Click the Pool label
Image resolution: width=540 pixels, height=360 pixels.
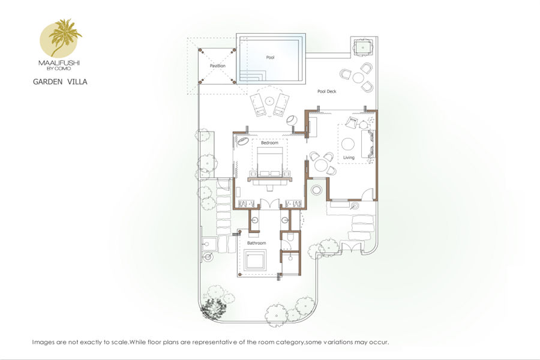pos(271,58)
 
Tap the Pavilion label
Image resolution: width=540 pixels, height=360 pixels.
pos(218,66)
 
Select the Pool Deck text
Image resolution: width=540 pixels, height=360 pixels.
pos(327,91)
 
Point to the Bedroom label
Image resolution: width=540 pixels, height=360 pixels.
pos(269,143)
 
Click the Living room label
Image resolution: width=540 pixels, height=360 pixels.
pos(349,157)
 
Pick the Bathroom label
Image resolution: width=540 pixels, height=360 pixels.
pos(257,243)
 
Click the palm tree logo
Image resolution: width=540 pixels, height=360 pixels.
pos(61,38)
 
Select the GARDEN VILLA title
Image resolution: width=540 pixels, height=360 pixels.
pos(60,82)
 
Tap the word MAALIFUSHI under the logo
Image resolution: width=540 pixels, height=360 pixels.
pos(59,63)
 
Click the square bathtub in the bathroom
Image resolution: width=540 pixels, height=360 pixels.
pos(255,260)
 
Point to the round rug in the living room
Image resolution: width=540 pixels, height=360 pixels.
pos(348,143)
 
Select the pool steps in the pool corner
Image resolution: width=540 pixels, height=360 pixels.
pos(252,76)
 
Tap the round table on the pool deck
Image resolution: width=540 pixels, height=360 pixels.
pos(358,78)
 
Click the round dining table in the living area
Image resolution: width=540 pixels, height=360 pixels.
pos(322,164)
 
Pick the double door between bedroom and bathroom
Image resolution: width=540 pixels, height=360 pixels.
pos(269,204)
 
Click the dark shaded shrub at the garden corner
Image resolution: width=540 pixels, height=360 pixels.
pos(214,308)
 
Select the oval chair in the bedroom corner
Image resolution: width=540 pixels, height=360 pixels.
pos(242,142)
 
